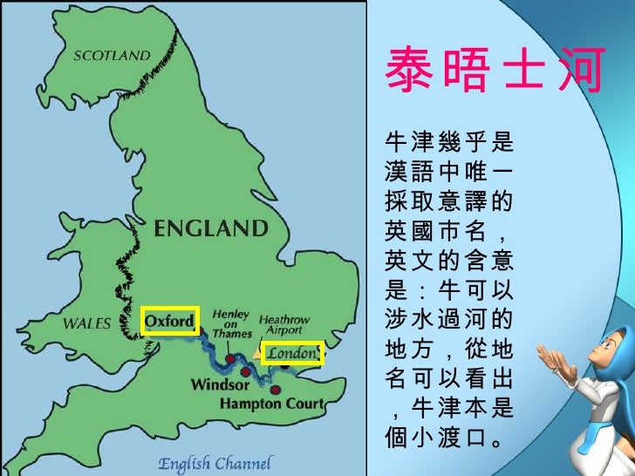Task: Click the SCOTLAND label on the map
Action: click(111, 55)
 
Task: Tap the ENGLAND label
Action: click(211, 230)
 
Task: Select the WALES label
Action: click(86, 323)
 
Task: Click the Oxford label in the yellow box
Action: click(169, 322)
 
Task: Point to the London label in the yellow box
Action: click(291, 353)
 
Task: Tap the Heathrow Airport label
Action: click(283, 325)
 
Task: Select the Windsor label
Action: click(220, 384)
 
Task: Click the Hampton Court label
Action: click(271, 404)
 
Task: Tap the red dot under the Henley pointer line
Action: click(229, 357)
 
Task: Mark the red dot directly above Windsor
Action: click(246, 372)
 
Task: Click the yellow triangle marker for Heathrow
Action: click(259, 353)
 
